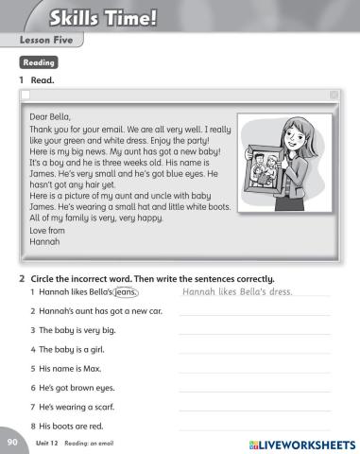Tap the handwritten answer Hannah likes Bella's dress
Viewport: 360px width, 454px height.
point(237,291)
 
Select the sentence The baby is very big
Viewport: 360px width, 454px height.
point(77,330)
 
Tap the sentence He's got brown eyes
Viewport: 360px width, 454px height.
point(77,387)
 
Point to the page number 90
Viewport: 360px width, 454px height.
point(11,443)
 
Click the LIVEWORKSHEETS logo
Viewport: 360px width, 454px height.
point(301,444)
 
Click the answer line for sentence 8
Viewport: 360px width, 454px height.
point(253,428)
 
